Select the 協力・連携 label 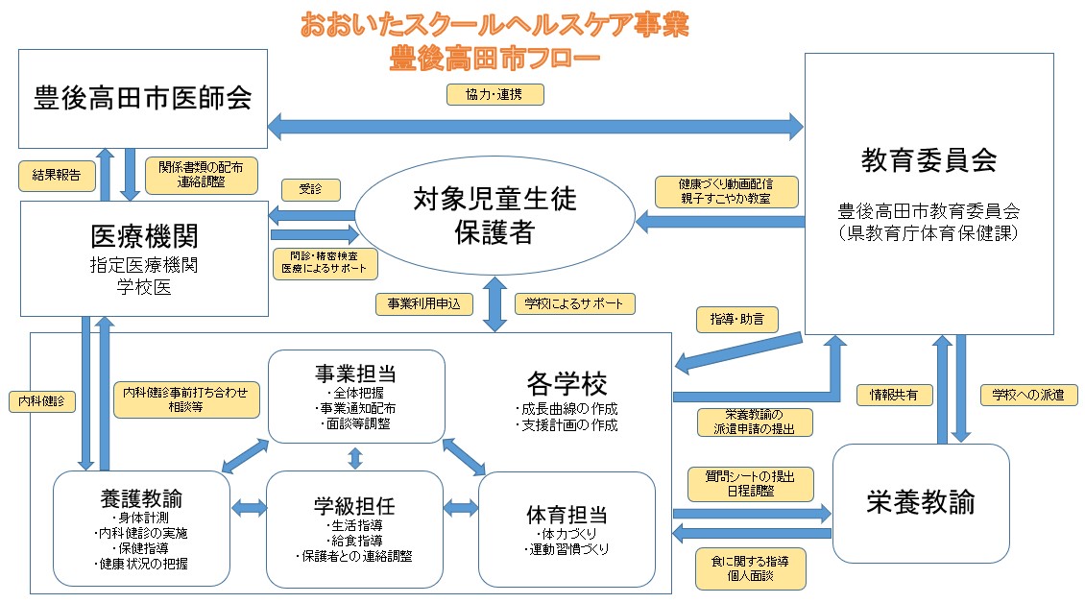click(495, 93)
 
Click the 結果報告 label click(57, 175)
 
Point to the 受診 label click(310, 189)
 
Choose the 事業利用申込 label click(423, 303)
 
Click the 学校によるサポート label click(574, 303)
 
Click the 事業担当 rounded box click(356, 397)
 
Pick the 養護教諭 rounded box click(141, 529)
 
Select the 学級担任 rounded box click(354, 529)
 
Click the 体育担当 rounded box click(567, 529)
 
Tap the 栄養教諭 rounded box click(920, 502)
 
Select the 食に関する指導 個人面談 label click(750, 568)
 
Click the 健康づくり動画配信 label click(725, 191)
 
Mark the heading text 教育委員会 click(928, 158)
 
